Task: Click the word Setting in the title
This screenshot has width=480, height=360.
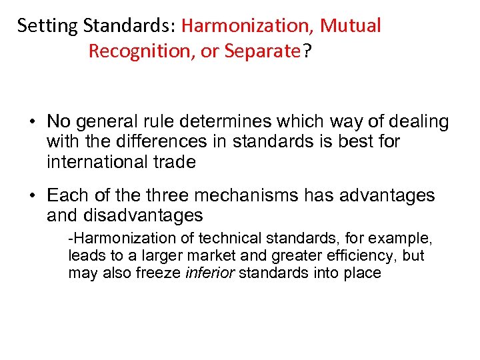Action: pos(39,27)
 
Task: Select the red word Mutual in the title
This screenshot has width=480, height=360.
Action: pos(351,27)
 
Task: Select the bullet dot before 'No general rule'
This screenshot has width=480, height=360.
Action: pos(32,122)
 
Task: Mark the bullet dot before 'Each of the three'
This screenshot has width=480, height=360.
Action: pos(32,196)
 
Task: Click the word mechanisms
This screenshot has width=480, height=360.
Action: pos(240,196)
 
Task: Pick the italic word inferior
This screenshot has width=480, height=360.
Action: pos(209,273)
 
